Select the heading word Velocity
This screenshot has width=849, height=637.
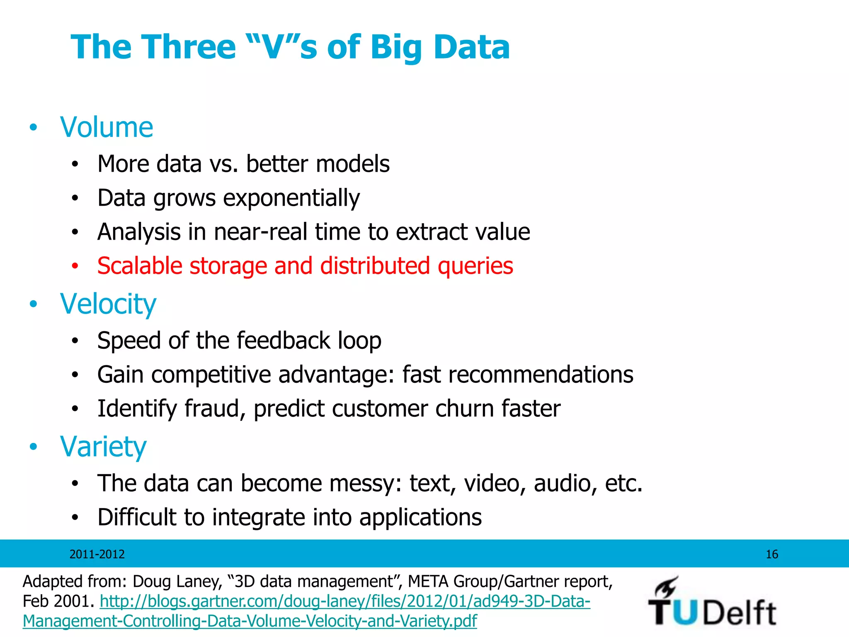pos(108,304)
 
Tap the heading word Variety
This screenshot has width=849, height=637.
pos(103,447)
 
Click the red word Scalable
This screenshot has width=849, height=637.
pos(140,266)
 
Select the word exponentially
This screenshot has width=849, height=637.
pos(291,198)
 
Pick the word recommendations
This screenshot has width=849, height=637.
pos(541,375)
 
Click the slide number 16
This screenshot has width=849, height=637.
pos(771,554)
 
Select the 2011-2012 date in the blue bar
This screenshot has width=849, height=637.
pos(97,554)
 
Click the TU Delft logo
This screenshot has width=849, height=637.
pos(711,602)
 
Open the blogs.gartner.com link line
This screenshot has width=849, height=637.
pos(345,601)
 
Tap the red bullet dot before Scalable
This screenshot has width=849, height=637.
pos(75,266)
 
